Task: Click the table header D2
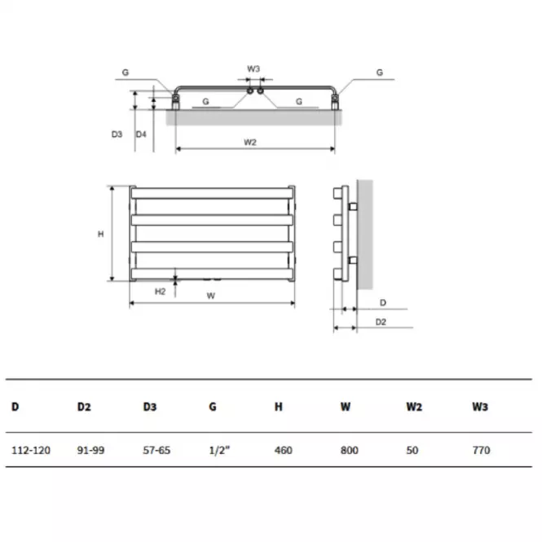(84, 407)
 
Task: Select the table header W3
(480, 407)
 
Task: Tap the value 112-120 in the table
(31, 450)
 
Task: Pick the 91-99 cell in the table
(90, 450)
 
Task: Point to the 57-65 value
(156, 450)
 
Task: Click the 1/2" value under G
(219, 450)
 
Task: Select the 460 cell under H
(284, 450)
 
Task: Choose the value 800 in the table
(350, 450)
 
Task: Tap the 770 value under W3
(482, 450)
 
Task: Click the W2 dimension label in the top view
(250, 142)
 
